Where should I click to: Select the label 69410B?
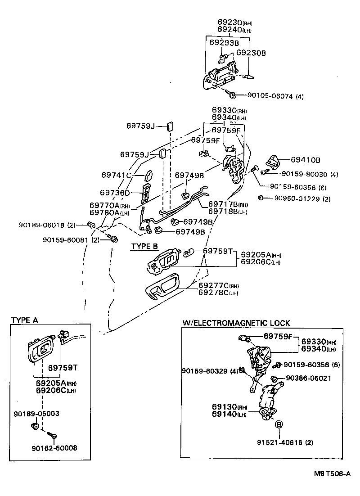305,159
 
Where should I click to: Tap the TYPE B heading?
144,246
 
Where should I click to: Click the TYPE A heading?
24,320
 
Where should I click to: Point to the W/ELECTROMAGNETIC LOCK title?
236,323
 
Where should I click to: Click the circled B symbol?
279,424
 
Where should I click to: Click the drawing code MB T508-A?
332,473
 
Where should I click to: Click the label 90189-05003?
36,413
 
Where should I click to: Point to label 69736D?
115,192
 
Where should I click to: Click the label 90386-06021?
307,379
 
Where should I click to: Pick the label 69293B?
224,43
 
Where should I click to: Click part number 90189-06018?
43,225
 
